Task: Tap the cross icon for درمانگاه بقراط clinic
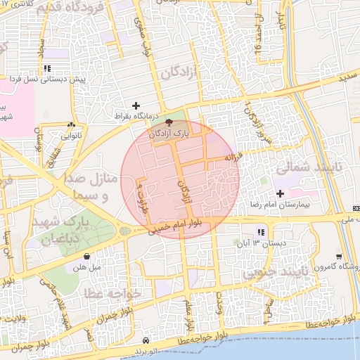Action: click(x=136, y=105)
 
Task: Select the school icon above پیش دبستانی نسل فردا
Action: click(x=47, y=68)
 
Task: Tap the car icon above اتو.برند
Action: click(x=146, y=338)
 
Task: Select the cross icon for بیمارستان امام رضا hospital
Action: click(x=281, y=193)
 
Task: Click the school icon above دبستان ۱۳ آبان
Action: click(x=262, y=232)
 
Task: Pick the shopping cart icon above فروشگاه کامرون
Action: click(x=339, y=257)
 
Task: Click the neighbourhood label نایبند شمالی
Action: click(x=303, y=169)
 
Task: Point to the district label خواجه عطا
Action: click(x=112, y=292)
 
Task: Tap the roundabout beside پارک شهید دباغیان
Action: click(x=124, y=231)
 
